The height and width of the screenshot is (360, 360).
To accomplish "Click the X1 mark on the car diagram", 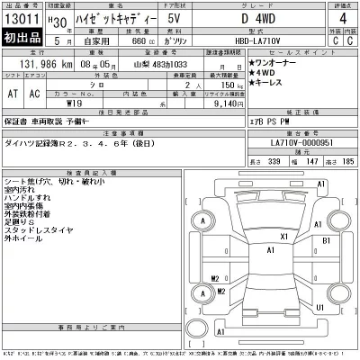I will pos(283,237).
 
